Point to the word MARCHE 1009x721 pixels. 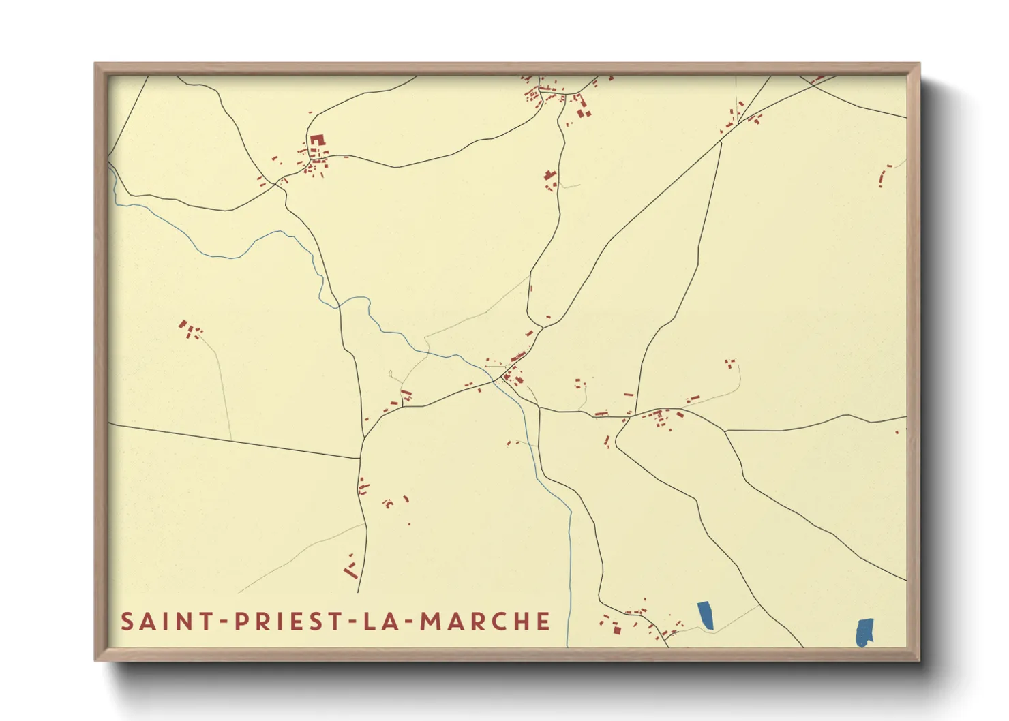pyautogui.click(x=485, y=622)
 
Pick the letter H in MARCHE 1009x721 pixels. pyautogui.click(x=521, y=622)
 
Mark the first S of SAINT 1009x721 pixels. pyautogui.click(x=127, y=622)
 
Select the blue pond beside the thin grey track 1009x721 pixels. pyautogui.click(x=706, y=615)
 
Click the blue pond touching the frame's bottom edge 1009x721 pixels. pyautogui.click(x=864, y=632)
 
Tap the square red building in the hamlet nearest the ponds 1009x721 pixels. pyautogui.click(x=617, y=630)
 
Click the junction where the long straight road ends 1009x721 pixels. pyautogui.click(x=360, y=459)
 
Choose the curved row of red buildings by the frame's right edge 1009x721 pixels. pyautogui.click(x=884, y=176)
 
